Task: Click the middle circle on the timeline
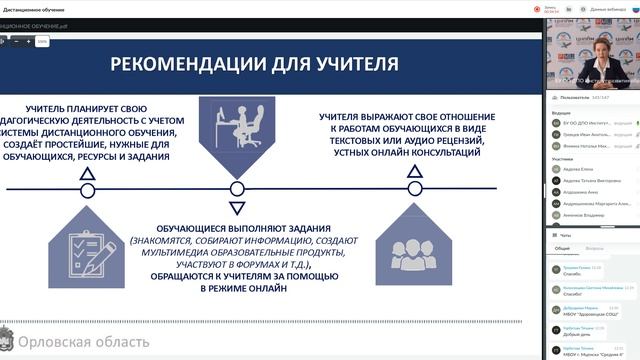[x=237, y=189]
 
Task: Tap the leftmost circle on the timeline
[x=87, y=189]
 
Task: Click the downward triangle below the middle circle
[x=237, y=208]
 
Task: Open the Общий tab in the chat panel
[x=562, y=247]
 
